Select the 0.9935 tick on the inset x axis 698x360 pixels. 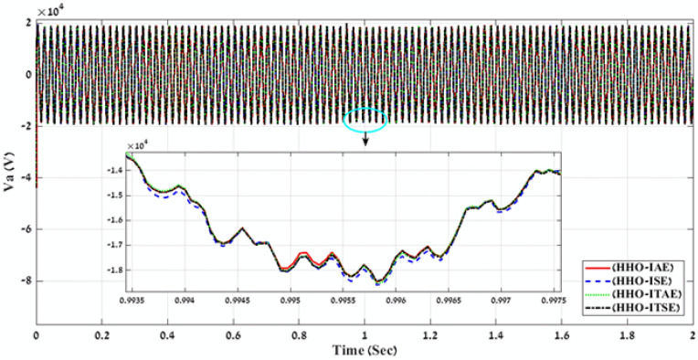136,299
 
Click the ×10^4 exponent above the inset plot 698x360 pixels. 137,146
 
